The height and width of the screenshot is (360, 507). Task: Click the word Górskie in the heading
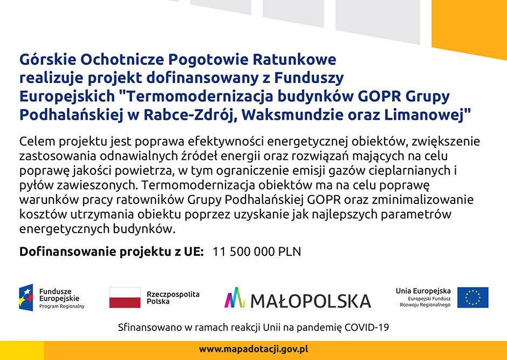coord(47,59)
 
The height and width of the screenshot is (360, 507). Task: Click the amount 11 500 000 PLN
coord(257,252)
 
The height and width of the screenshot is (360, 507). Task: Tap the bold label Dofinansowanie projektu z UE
coord(112,252)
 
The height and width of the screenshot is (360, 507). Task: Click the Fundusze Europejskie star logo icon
coord(26,297)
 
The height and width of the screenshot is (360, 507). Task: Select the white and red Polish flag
coord(125,297)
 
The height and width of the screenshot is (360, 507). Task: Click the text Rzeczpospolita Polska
coord(173,297)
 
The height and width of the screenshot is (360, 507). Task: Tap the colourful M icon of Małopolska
coord(235,297)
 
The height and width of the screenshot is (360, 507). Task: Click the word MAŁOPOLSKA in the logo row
coord(311,301)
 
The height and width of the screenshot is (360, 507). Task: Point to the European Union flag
coord(472,297)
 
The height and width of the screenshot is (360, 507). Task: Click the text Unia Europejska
coord(423,291)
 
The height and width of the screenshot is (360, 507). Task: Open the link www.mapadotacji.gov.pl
coord(253,349)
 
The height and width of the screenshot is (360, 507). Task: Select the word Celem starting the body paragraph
coord(37,141)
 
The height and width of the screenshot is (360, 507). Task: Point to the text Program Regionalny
coord(62,307)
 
